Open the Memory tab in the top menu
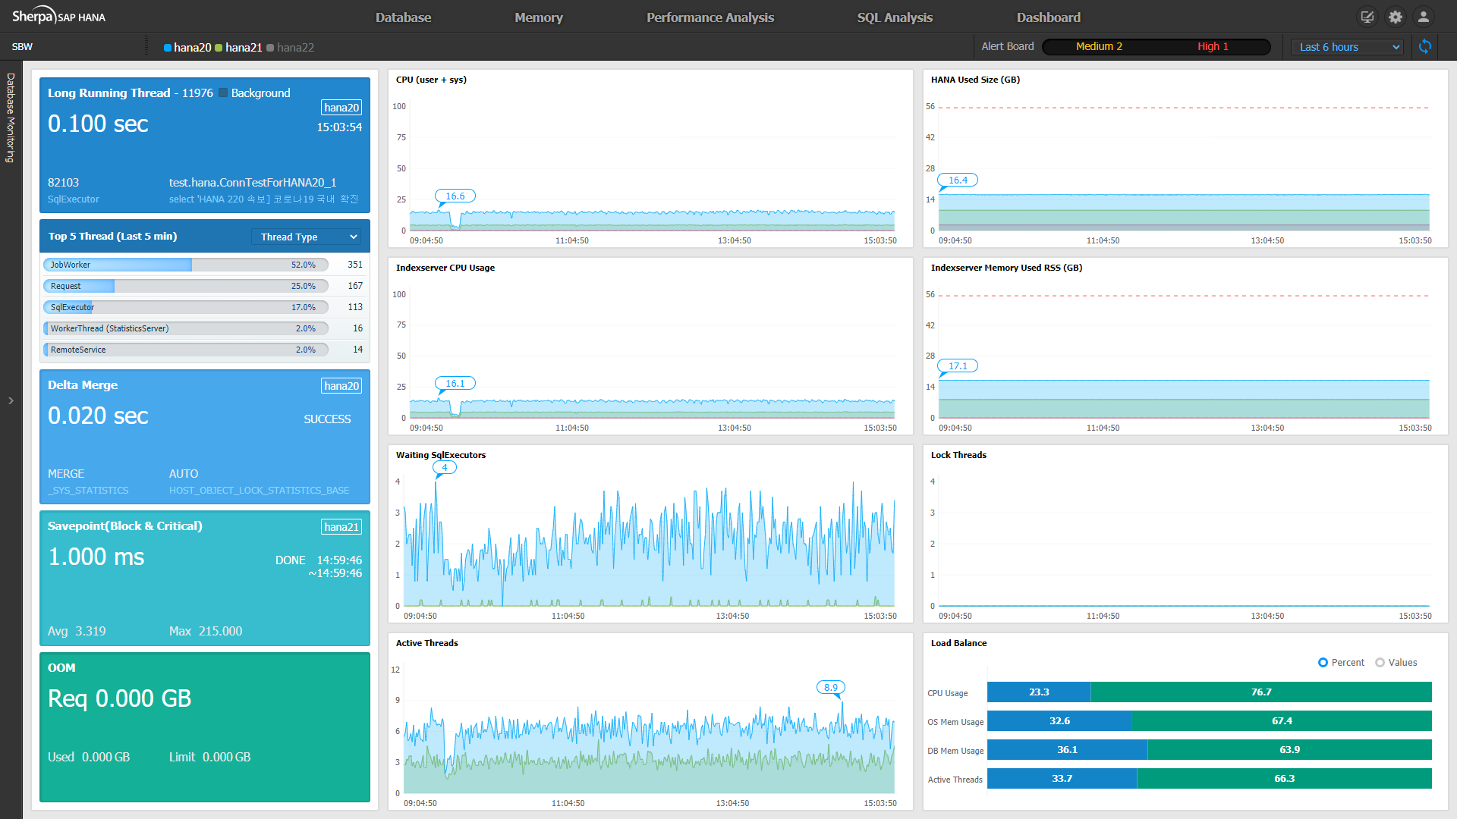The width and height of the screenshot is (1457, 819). [539, 17]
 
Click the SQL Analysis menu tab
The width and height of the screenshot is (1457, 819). [895, 17]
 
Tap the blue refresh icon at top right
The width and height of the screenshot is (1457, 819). [1425, 47]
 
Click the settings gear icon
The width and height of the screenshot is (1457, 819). [1396, 17]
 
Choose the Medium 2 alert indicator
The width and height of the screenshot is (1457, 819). [1099, 46]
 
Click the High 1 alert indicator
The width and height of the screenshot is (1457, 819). [1213, 46]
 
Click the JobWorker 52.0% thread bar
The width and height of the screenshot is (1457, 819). [186, 265]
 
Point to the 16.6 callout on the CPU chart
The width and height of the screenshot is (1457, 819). [455, 196]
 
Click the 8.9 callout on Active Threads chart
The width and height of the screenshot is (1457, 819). [831, 688]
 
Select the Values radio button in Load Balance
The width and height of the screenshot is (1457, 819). [1380, 663]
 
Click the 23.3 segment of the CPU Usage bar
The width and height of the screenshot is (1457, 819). [1039, 692]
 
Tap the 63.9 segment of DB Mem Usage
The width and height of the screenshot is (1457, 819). [1290, 750]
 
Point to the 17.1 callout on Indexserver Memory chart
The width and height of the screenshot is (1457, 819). [958, 366]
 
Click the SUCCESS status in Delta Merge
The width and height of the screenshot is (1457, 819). [327, 419]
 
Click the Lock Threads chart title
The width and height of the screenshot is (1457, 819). [958, 455]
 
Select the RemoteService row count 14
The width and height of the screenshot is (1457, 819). [357, 350]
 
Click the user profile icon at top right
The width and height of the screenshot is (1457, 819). [1424, 17]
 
